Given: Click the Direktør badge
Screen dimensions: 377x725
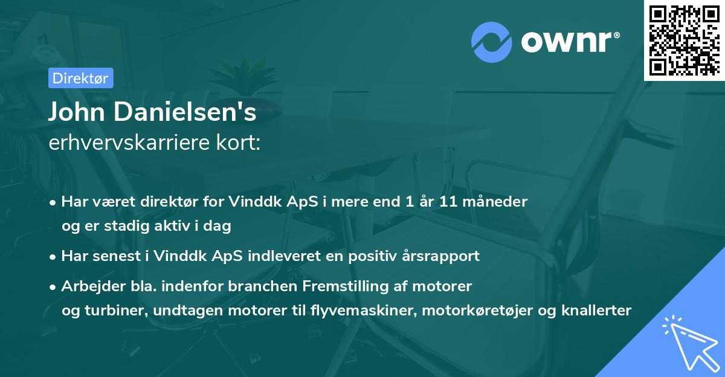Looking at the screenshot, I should [80, 78].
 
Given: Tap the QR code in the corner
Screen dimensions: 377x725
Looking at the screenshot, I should [683, 40].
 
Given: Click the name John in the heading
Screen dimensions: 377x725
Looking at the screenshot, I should [76, 112].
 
